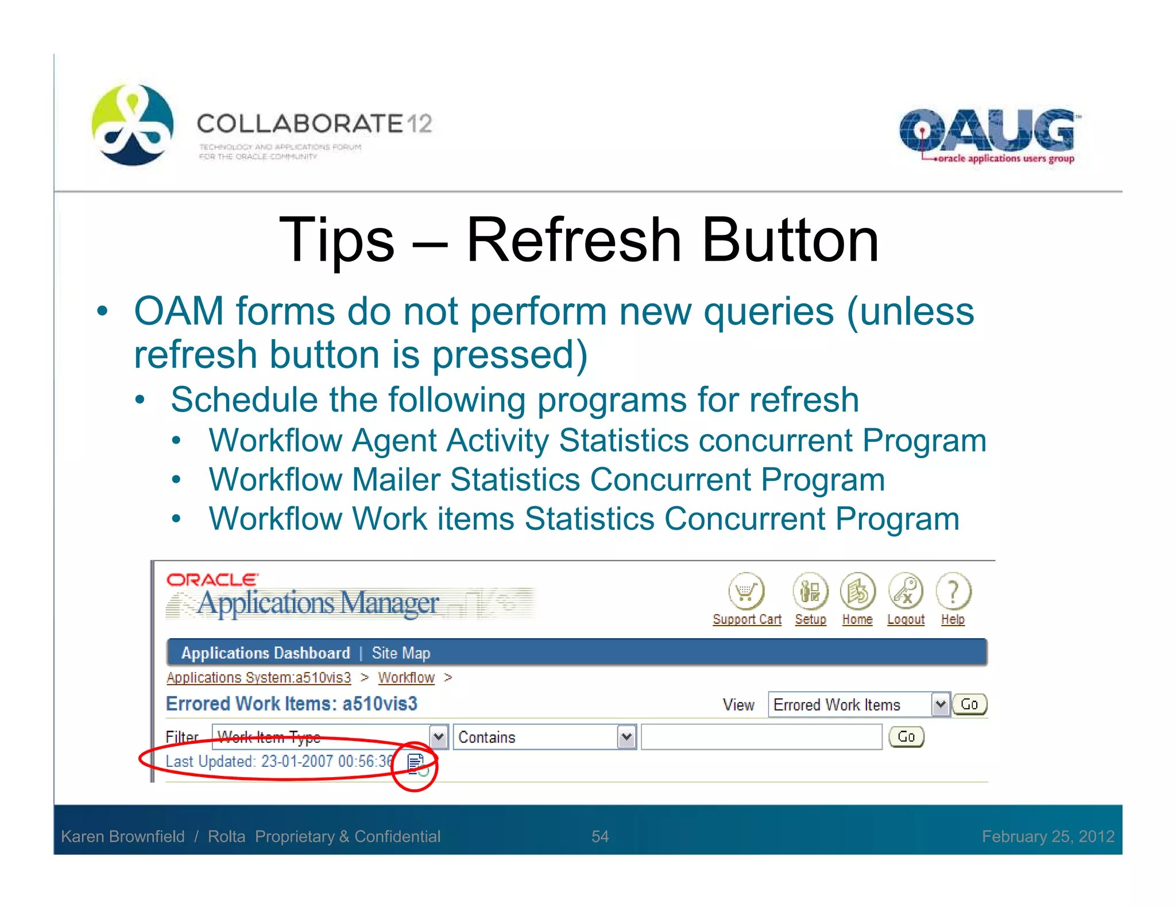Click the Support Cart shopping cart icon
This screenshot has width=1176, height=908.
click(746, 591)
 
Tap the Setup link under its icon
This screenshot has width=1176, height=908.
click(810, 620)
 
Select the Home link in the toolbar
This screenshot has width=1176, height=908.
click(857, 620)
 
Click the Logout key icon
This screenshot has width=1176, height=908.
click(906, 591)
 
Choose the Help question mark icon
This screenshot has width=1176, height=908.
click(953, 591)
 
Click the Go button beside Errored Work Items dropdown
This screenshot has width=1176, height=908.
click(969, 704)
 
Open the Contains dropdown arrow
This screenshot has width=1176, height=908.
click(627, 737)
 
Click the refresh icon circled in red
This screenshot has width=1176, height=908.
click(416, 764)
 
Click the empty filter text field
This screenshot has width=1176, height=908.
click(761, 737)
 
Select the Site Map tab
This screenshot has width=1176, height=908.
click(401, 653)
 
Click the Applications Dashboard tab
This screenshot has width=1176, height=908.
click(265, 653)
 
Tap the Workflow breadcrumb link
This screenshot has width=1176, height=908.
click(406, 678)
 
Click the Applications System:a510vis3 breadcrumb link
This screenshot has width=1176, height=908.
click(258, 678)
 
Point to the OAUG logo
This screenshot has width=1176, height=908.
click(988, 135)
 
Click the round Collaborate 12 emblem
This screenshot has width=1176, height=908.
click(133, 125)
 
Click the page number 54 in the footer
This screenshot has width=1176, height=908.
click(600, 836)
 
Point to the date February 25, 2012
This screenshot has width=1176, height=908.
click(1048, 836)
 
